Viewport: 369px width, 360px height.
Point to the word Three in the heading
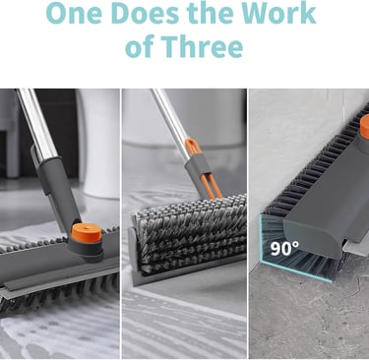[202, 46]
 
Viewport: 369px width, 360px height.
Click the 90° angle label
[284, 248]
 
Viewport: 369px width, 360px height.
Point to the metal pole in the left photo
[36, 125]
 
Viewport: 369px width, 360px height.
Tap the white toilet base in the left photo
[98, 145]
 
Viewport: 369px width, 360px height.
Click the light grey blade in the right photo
[357, 249]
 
